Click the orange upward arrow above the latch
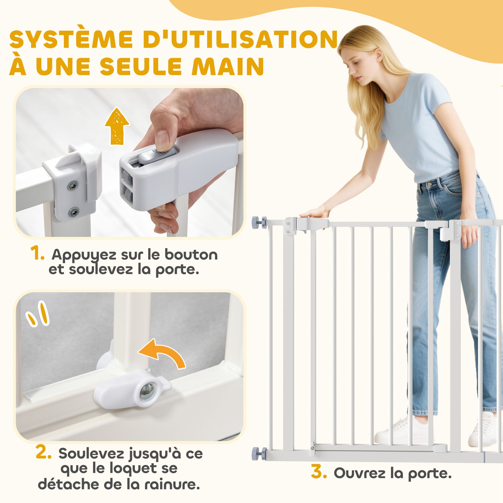click(117, 126)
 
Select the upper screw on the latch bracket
click(72, 186)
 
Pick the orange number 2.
click(44, 453)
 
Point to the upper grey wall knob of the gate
click(259, 223)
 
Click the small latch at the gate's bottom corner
click(313, 447)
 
